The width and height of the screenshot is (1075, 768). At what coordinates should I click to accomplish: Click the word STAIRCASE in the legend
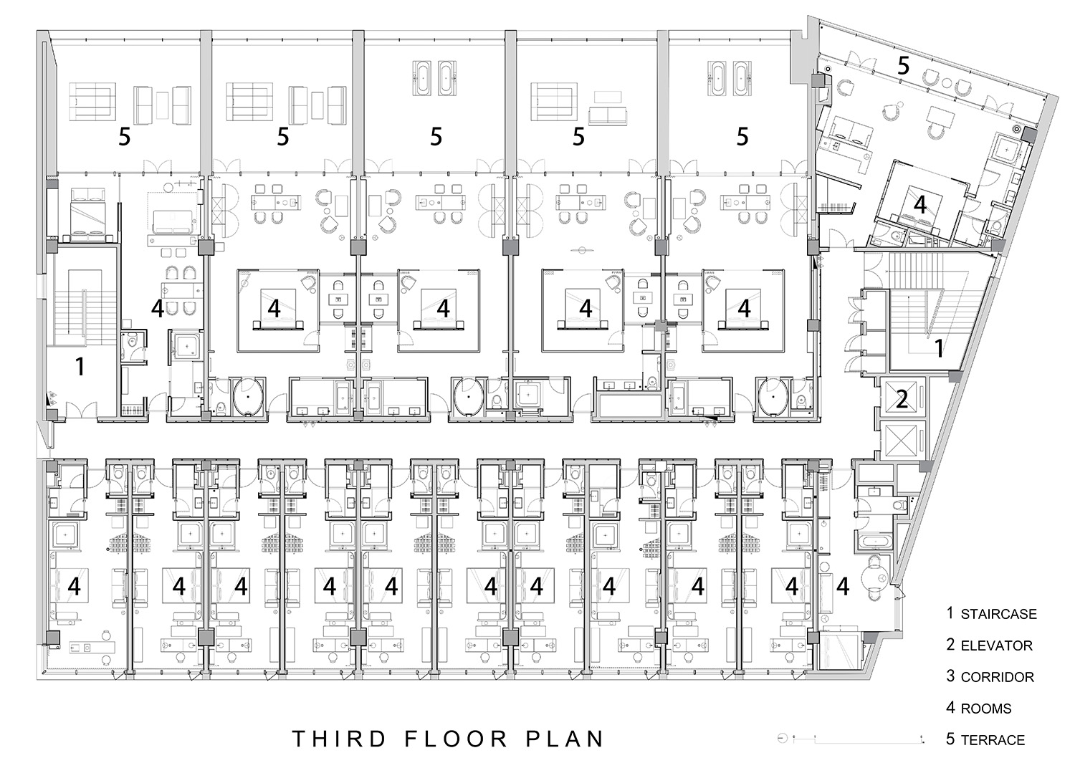pyautogui.click(x=999, y=615)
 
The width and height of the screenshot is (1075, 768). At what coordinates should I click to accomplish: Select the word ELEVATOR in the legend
pyautogui.click(x=996, y=645)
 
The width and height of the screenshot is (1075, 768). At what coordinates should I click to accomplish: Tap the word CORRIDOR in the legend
pyautogui.click(x=998, y=677)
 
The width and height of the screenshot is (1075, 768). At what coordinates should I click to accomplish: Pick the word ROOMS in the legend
pyautogui.click(x=985, y=709)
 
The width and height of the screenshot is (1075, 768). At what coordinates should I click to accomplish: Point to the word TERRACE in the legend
pyautogui.click(x=993, y=740)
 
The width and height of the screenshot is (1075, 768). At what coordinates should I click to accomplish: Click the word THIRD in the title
pyautogui.click(x=339, y=739)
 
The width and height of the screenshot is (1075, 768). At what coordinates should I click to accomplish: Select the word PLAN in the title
pyautogui.click(x=565, y=739)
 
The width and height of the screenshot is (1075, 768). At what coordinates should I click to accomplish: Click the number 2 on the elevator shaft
pyautogui.click(x=902, y=400)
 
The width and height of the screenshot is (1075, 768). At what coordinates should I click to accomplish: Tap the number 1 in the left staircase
pyautogui.click(x=80, y=367)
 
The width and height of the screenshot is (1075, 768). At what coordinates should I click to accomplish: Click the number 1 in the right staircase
pyautogui.click(x=939, y=348)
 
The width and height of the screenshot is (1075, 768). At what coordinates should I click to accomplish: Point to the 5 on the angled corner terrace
pyautogui.click(x=903, y=66)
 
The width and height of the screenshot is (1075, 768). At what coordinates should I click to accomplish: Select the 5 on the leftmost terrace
pyautogui.click(x=124, y=138)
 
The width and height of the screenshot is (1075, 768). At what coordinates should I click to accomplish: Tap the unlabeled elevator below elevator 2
pyautogui.click(x=902, y=441)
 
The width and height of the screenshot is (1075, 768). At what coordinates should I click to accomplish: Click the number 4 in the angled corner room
pyautogui.click(x=919, y=205)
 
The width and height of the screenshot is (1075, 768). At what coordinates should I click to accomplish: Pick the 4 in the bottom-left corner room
pyautogui.click(x=75, y=586)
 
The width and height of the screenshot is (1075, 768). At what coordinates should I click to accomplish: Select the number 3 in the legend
pyautogui.click(x=951, y=676)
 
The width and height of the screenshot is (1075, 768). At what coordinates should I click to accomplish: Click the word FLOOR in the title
pyautogui.click(x=455, y=739)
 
